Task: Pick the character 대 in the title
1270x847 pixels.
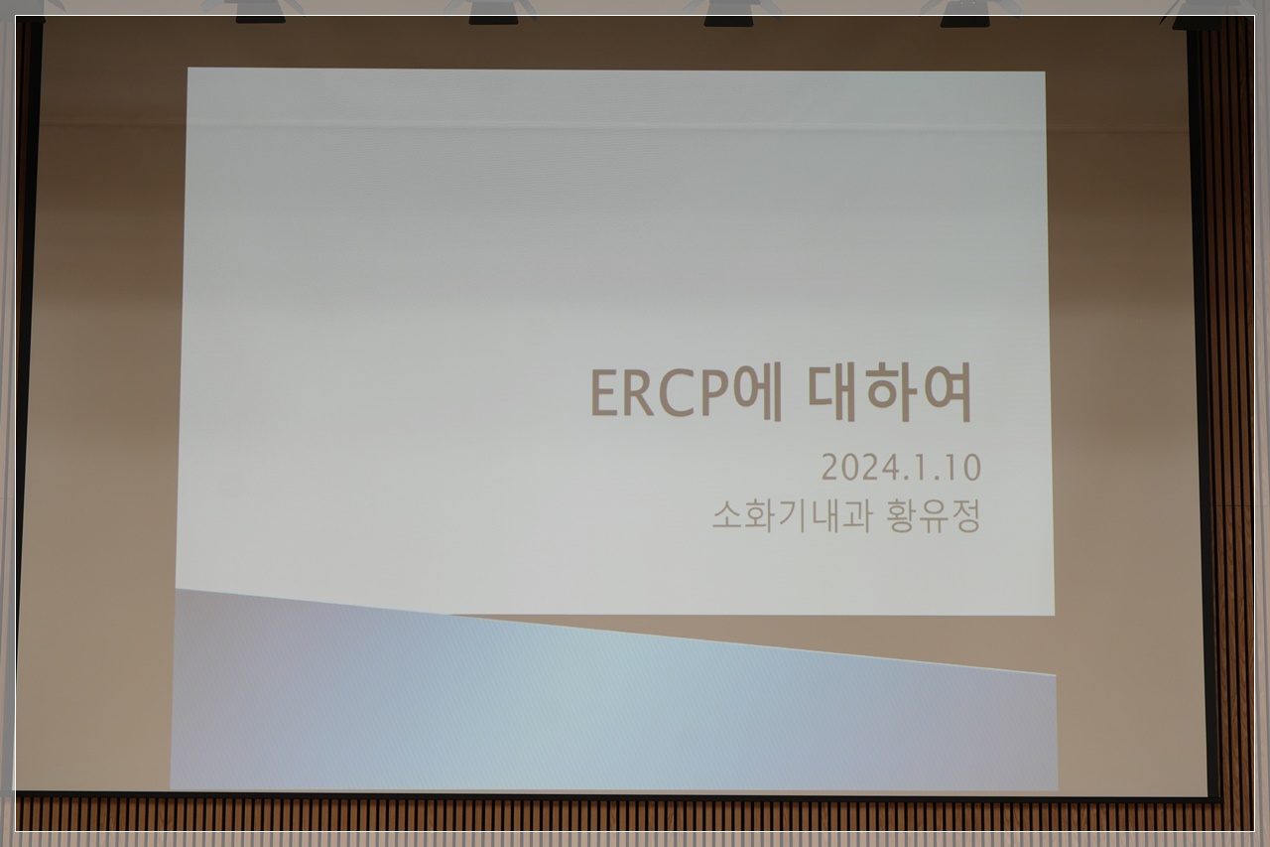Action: click(832, 392)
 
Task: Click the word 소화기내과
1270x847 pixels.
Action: click(792, 515)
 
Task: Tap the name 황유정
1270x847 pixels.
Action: click(934, 515)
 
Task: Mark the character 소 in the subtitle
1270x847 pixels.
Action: click(727, 516)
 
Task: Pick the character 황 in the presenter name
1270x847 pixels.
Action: click(902, 515)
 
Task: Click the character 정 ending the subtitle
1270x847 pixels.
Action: click(966, 515)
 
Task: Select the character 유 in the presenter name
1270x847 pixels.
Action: click(935, 516)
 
